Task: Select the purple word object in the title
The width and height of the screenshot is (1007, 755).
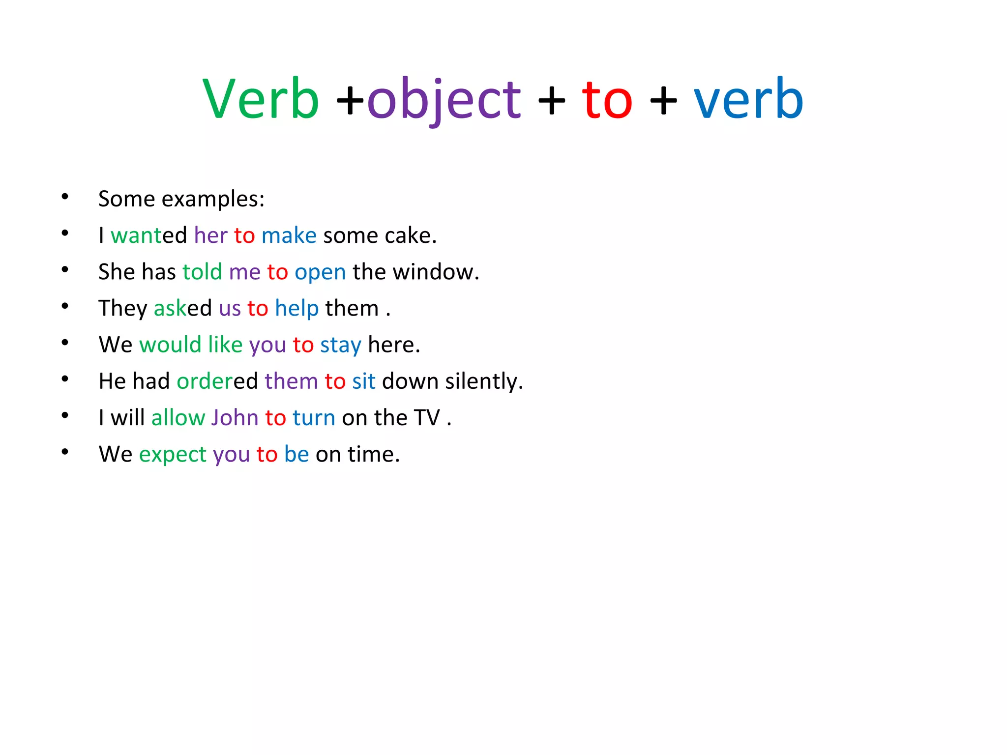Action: click(444, 100)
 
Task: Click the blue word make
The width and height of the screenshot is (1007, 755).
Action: click(289, 235)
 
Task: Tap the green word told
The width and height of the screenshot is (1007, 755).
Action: click(202, 272)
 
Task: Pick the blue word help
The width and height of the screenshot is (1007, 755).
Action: click(296, 309)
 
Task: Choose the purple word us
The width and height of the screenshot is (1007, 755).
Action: click(230, 309)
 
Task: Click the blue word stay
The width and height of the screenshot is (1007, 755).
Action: click(341, 345)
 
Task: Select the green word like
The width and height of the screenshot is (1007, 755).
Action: click(225, 345)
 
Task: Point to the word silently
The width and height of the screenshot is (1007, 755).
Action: click(484, 381)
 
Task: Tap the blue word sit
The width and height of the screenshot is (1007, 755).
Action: click(364, 381)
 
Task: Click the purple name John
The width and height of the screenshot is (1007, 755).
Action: click(235, 418)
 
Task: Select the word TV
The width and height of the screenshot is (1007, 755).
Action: click(427, 418)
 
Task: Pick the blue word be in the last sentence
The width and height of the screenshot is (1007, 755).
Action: click(296, 454)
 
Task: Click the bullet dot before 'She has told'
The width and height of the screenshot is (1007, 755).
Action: click(65, 270)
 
